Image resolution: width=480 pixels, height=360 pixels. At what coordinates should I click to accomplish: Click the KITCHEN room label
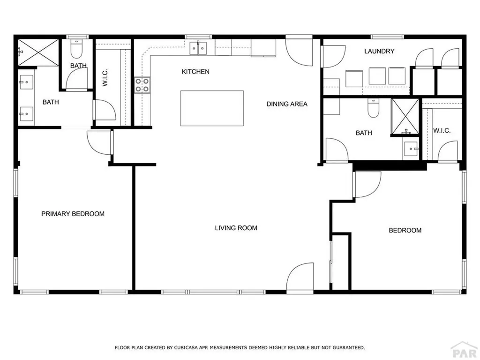coord(195,72)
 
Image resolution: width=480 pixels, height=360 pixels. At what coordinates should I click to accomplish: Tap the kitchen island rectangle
coord(212,108)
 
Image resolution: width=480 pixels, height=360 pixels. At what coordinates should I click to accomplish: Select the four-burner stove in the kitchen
coord(142,84)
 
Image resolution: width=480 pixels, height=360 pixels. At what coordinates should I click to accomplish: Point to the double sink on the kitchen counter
coord(199,48)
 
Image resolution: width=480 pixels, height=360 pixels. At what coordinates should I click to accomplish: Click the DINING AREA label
coord(287,104)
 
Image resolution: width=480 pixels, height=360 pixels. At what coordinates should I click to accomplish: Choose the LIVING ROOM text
coord(236,228)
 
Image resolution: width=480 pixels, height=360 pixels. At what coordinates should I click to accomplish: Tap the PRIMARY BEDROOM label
coord(73,214)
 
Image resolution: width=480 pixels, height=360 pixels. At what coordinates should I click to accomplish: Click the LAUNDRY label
coord(379,51)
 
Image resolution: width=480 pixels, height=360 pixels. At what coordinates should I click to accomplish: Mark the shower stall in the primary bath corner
coord(38,52)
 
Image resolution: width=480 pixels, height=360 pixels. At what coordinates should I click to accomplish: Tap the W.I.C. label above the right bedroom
coord(442,131)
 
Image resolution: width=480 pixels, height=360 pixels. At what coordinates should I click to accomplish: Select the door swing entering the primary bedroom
coord(98,142)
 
